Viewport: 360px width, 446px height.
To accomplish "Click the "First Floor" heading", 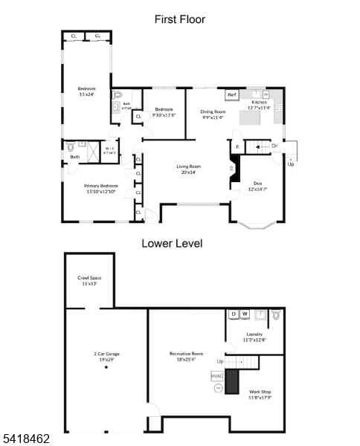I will click(x=179, y=19).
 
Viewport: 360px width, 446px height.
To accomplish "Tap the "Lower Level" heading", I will click(x=172, y=243).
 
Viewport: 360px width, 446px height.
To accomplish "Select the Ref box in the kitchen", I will click(x=231, y=95).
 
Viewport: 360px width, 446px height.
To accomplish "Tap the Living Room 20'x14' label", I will click(x=188, y=169).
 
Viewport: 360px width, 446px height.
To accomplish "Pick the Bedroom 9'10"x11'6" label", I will click(x=164, y=112).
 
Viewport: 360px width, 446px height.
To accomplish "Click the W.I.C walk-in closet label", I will click(x=110, y=151).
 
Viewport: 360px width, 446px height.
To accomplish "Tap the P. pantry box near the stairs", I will click(x=237, y=147).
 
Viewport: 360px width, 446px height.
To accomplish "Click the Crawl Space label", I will click(x=89, y=280).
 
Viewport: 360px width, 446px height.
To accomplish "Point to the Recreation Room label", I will click(x=186, y=356).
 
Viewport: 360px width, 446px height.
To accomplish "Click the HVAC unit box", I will click(x=216, y=376).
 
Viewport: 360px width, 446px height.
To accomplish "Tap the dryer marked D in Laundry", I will click(x=233, y=314).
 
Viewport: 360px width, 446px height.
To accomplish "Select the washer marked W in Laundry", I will click(x=245, y=314).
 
